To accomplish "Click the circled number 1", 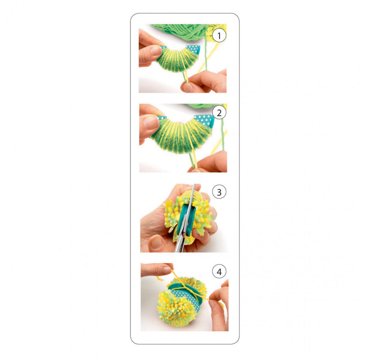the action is (x=219, y=36).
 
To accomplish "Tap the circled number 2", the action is (x=219, y=113).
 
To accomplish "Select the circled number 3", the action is (x=219, y=192).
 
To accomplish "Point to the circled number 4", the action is (x=219, y=271).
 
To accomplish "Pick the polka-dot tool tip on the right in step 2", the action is (x=204, y=120).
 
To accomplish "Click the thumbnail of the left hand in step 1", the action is (x=155, y=50).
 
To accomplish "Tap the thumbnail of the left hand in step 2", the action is (x=151, y=123).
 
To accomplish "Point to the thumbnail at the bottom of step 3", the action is (x=156, y=242).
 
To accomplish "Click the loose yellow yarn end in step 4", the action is (x=160, y=278).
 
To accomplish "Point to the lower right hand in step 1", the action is (x=204, y=81).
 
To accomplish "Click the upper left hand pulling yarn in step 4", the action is (x=157, y=270).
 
